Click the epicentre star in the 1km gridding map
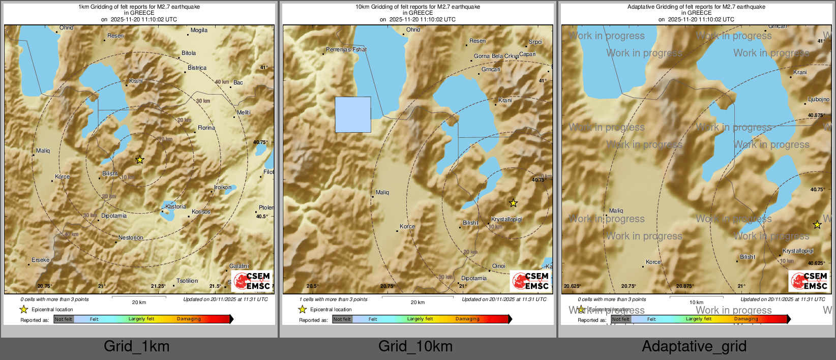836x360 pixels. coord(140,160)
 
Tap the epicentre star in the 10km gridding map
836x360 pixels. coord(514,203)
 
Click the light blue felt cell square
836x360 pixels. coord(353,115)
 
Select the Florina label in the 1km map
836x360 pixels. coord(206,128)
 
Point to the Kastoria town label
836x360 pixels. coord(175,206)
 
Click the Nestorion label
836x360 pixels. coord(131,237)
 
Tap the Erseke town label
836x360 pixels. coord(41,260)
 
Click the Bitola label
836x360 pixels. coord(189,53)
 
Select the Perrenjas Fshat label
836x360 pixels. coord(346,49)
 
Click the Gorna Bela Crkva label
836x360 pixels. coord(496,56)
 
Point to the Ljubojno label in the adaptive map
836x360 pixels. coord(818,99)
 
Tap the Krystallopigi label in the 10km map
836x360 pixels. coord(506,219)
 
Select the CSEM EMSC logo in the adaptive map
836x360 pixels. coord(810,281)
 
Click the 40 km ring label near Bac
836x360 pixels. coord(222,82)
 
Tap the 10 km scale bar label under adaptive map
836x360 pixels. coord(696,302)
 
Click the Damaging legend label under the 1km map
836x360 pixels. coord(189,319)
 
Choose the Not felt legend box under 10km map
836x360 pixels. coord(342,319)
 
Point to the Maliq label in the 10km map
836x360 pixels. coord(382,192)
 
